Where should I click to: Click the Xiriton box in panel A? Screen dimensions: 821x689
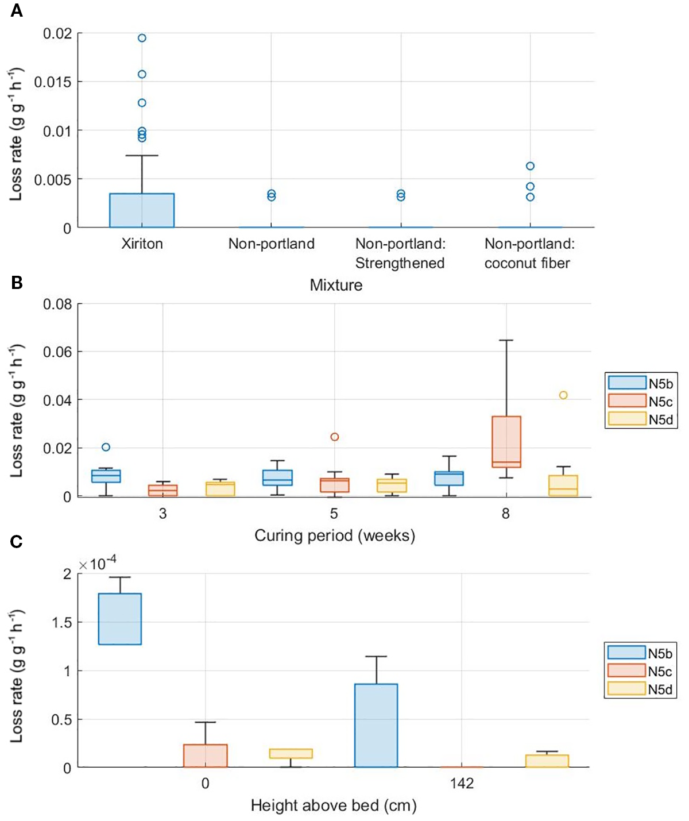point(142,210)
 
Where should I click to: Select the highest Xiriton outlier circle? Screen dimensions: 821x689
point(142,38)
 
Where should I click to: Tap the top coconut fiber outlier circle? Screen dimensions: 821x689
point(530,166)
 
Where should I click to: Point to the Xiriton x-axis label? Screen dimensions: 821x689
point(142,244)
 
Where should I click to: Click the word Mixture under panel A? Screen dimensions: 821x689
point(336,285)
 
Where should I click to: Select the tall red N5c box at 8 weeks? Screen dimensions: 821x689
point(506,441)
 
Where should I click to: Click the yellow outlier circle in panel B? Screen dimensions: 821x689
point(563,395)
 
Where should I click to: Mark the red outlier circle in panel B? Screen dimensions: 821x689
point(335,437)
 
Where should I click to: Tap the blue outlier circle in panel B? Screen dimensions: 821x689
point(106,447)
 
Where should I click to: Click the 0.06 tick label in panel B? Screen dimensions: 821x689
point(57,352)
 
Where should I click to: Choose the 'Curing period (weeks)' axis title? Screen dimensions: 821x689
point(335,535)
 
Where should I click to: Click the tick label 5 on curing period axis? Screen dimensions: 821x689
point(334,513)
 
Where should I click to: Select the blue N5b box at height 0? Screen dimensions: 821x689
point(120,619)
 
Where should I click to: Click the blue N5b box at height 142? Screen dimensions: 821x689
point(376,725)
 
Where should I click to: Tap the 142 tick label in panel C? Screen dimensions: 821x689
point(462,783)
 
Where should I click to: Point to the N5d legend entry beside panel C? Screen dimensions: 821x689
point(640,689)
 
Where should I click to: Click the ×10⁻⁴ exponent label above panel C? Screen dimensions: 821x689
point(98,563)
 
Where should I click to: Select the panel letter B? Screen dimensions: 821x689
point(17,282)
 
